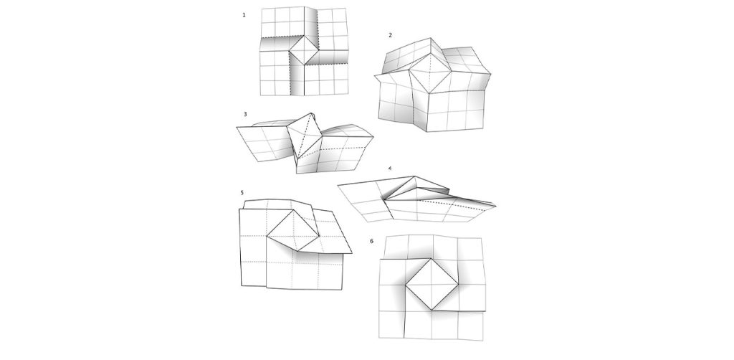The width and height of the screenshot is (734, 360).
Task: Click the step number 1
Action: tap(244, 14)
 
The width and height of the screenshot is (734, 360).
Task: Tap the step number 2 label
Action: tap(390, 35)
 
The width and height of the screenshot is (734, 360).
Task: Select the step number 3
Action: tap(245, 114)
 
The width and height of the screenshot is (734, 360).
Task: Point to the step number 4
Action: tap(389, 169)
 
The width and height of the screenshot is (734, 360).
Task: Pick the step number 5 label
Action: tap(243, 193)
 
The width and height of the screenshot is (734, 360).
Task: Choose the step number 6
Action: tap(371, 240)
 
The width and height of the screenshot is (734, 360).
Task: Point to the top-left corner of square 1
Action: tap(261, 8)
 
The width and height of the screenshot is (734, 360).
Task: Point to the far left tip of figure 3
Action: tap(236, 129)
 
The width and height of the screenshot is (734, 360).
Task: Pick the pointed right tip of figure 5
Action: tap(353, 252)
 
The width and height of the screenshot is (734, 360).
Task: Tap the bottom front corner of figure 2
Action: tap(428, 133)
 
